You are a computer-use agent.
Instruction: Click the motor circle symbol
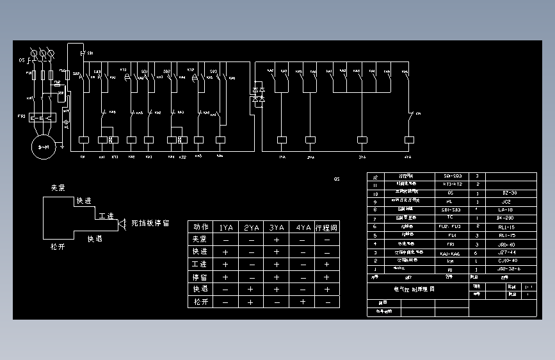coord(44,147)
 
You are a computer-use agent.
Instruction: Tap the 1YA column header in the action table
coord(225,227)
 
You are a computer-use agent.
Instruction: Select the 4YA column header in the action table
coord(302,227)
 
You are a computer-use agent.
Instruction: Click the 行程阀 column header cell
coord(327,227)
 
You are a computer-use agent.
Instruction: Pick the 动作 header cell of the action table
coord(200,227)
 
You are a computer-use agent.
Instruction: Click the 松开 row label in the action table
coord(200,301)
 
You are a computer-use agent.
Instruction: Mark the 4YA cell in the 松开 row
coord(302,301)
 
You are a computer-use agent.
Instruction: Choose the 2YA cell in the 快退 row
coord(251,289)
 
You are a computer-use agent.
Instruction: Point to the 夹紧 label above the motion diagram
coord(59,188)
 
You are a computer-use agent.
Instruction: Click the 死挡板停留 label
coord(150,224)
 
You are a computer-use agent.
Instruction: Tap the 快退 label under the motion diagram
coord(95,238)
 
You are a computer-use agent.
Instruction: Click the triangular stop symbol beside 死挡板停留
coord(120,224)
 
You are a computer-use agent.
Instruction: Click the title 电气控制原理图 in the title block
coord(414,289)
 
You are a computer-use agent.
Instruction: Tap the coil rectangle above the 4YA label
coord(407,139)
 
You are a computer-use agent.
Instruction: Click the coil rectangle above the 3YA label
coord(362,139)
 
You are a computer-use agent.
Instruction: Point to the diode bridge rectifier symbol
coord(259,94)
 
